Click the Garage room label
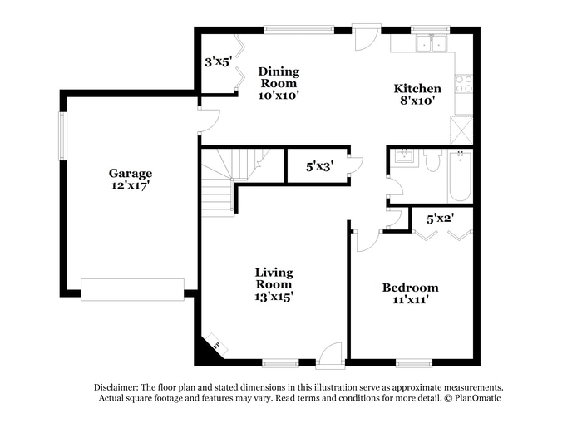[x=130, y=180]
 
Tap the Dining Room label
[x=279, y=83]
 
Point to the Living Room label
[x=274, y=283]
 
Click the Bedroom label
[x=410, y=293]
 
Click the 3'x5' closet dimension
[x=219, y=61]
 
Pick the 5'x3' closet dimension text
[x=319, y=166]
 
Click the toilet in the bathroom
[x=432, y=160]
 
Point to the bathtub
[x=461, y=175]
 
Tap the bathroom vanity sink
[x=405, y=157]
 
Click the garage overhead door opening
[x=133, y=289]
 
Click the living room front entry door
[x=330, y=356]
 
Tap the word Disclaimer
[x=115, y=387]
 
